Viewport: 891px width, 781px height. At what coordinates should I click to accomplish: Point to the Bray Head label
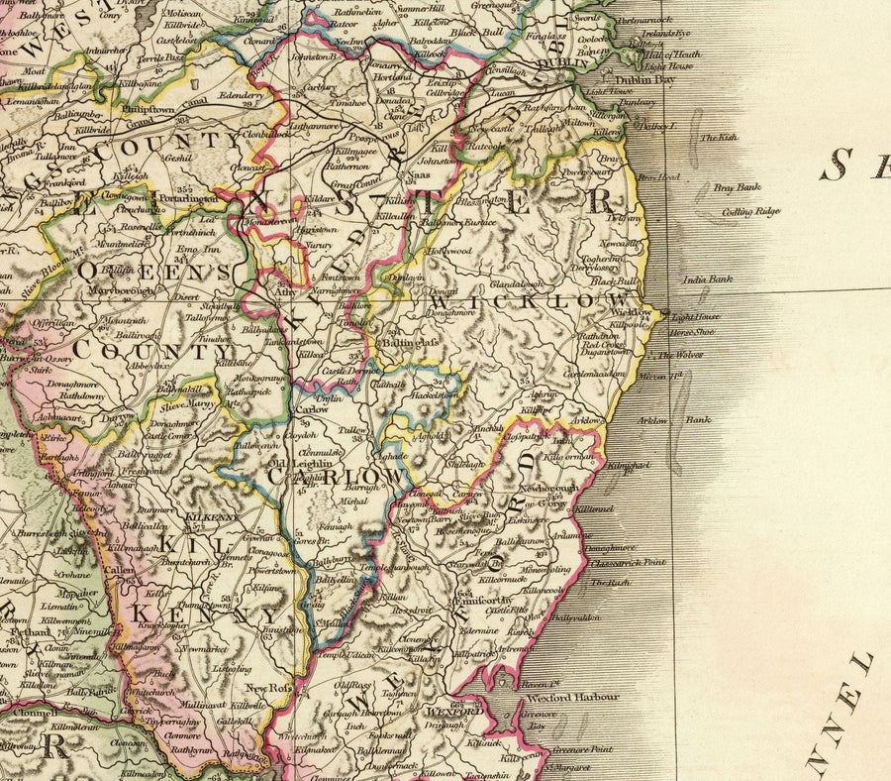pyautogui.click(x=659, y=177)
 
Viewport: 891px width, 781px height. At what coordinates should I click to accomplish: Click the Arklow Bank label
pyautogui.click(x=687, y=419)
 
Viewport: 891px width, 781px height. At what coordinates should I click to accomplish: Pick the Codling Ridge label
pyautogui.click(x=751, y=211)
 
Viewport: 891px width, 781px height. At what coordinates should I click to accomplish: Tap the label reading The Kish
pyautogui.click(x=719, y=138)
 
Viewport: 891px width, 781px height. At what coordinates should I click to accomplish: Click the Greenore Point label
pyautogui.click(x=585, y=751)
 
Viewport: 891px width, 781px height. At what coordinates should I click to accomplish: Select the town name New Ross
pyautogui.click(x=266, y=688)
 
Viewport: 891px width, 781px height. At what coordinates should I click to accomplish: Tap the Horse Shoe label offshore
pyautogui.click(x=693, y=332)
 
